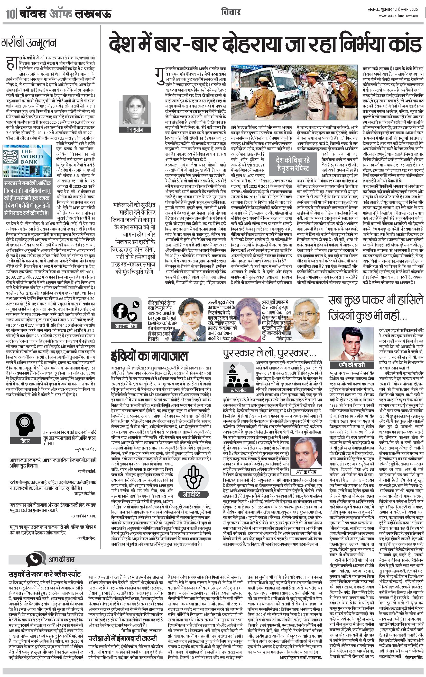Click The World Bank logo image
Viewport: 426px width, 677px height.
click(27, 161)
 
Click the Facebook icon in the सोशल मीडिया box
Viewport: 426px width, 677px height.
click(120, 311)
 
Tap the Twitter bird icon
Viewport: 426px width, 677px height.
click(132, 316)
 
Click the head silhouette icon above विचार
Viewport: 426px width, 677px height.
click(25, 424)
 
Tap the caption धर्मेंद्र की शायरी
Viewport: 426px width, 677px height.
click(351, 365)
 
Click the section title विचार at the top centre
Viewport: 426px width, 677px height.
click(230, 12)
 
